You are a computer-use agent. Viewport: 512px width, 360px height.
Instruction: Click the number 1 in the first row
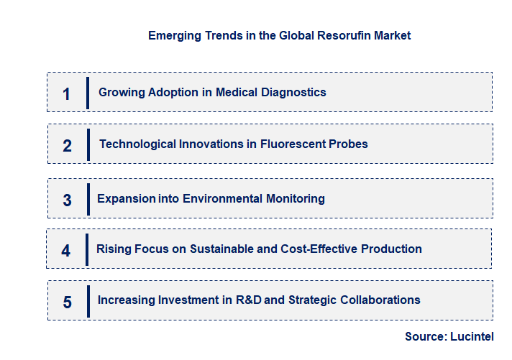point(67,93)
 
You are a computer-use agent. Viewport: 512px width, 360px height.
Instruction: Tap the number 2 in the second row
point(68,146)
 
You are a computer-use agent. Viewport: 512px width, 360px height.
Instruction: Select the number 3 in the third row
point(68,200)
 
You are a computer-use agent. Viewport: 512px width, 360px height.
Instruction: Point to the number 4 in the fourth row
point(66,251)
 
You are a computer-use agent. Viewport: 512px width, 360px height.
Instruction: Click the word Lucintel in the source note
point(473,336)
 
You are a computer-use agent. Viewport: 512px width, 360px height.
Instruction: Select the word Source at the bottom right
point(425,336)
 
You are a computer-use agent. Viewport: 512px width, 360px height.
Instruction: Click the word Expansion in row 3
point(127,198)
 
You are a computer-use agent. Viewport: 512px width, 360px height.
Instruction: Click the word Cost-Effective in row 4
point(329,249)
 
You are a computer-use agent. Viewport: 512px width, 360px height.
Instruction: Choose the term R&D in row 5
point(248,300)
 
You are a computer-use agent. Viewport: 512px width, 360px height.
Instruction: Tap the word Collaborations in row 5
point(380,300)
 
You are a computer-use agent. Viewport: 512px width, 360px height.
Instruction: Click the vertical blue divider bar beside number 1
point(88,93)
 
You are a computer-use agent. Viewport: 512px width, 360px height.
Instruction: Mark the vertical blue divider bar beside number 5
point(88,300)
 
